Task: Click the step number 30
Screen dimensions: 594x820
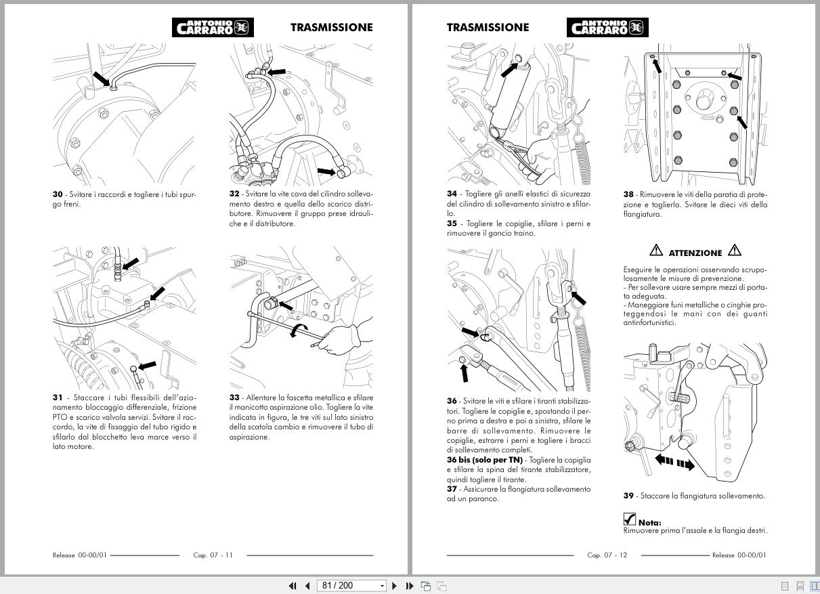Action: [58, 194]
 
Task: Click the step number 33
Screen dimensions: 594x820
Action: [234, 398]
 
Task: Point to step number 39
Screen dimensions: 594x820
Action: [628, 496]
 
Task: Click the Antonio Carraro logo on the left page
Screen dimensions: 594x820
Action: [213, 27]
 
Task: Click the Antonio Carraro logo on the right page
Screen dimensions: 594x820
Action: [607, 27]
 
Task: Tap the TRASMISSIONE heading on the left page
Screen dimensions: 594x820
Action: [331, 27]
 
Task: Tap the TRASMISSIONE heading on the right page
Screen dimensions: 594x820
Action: [488, 27]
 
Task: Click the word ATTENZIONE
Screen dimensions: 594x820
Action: [695, 253]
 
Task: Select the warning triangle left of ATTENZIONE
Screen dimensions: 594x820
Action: [656, 251]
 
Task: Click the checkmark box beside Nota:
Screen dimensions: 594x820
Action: [630, 519]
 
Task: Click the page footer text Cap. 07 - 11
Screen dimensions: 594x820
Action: [213, 555]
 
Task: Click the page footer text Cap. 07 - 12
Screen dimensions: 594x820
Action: [607, 555]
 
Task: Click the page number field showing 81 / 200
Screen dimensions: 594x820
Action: [351, 586]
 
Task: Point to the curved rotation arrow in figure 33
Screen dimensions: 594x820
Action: [297, 331]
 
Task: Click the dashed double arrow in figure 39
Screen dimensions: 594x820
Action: [674, 463]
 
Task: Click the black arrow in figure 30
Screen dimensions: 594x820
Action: [100, 79]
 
